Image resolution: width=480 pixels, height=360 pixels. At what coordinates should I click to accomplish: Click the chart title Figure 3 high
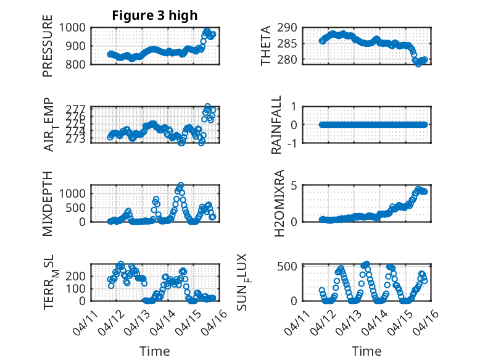155,15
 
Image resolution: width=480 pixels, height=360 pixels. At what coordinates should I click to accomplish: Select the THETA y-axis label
266,46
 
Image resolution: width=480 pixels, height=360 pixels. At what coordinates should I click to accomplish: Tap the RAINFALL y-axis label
277,125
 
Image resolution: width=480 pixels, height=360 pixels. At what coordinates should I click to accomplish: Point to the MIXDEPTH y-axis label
48,203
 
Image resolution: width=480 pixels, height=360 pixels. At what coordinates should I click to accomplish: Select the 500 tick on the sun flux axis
292,266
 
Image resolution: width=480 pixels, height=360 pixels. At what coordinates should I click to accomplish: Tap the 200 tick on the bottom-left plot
79,276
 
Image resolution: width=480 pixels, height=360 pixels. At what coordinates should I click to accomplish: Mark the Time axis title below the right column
366,351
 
